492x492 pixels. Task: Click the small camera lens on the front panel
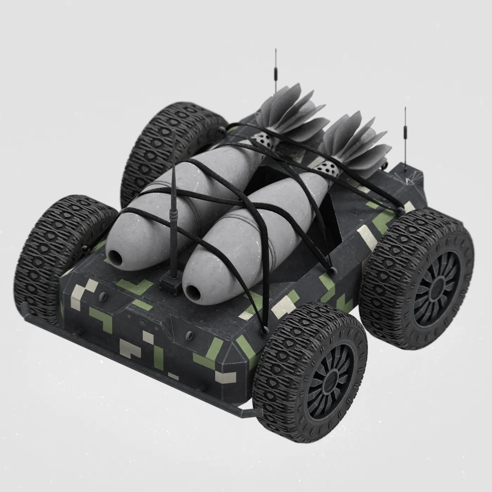pos(141,322)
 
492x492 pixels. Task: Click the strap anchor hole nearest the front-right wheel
pos(263,331)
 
